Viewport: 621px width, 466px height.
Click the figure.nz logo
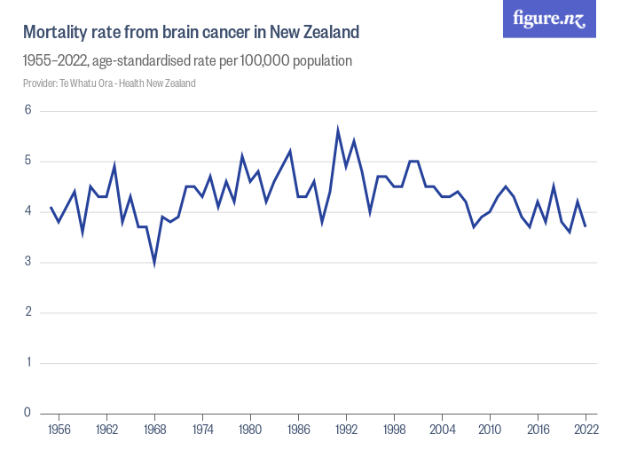click(x=549, y=20)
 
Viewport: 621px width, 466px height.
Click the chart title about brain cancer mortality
click(x=191, y=33)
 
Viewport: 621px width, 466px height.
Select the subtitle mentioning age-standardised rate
click(x=187, y=61)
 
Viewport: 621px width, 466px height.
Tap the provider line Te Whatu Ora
click(x=109, y=83)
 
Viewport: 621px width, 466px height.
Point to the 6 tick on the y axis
click(x=28, y=111)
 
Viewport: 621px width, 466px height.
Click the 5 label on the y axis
click(x=28, y=162)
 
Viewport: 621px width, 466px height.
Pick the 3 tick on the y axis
click(x=28, y=262)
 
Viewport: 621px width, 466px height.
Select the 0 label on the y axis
click(x=28, y=413)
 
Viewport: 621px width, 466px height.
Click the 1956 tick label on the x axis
click(x=59, y=430)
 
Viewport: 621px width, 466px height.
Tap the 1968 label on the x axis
click(x=154, y=430)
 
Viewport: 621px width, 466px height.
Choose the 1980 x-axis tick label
click(x=250, y=430)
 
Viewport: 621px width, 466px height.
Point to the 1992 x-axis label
click(x=346, y=430)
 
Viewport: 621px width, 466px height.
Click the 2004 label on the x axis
click(x=442, y=430)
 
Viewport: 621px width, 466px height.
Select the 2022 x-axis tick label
click(x=586, y=430)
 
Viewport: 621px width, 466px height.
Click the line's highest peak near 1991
click(x=338, y=130)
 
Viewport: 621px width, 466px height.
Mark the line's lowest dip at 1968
click(x=154, y=264)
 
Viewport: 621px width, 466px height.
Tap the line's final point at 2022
click(x=586, y=226)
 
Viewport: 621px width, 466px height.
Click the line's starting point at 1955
click(x=51, y=207)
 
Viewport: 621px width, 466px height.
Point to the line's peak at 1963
click(x=114, y=166)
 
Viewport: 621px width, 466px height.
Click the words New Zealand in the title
click(x=317, y=33)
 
